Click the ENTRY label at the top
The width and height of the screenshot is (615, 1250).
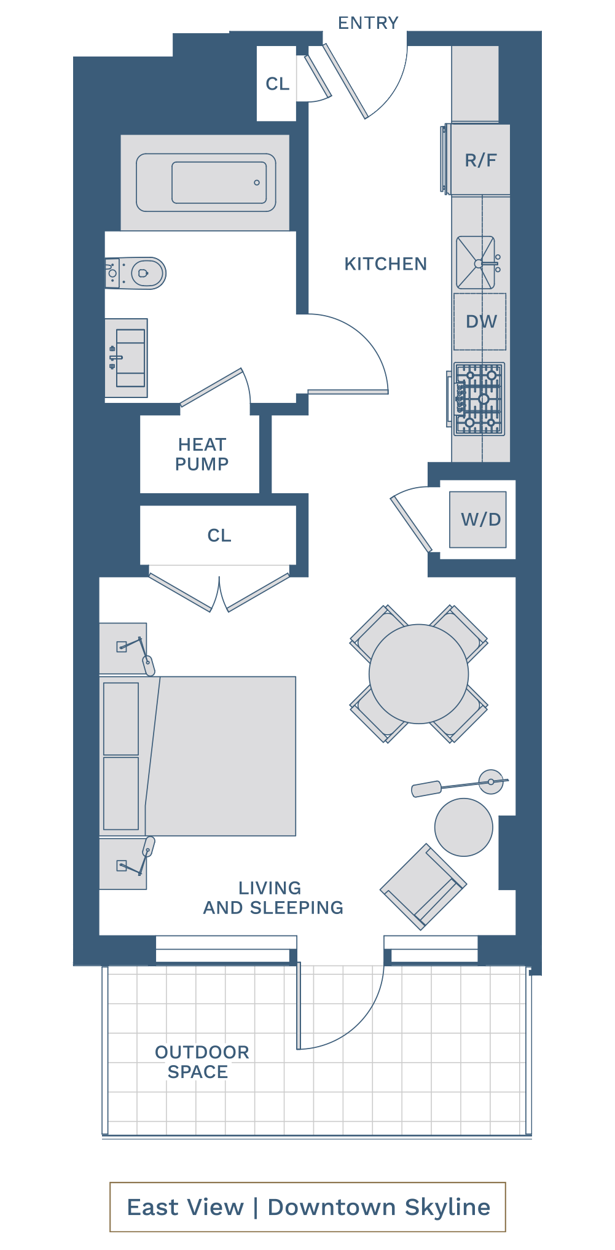[x=368, y=23]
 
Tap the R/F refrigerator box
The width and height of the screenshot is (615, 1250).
[x=480, y=160]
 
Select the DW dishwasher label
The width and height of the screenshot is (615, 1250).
[x=481, y=321]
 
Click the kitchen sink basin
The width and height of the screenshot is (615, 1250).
[x=476, y=263]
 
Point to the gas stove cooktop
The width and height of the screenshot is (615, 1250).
[x=479, y=399]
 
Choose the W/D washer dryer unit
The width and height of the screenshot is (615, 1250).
[x=478, y=520]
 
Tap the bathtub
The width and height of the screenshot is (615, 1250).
[x=206, y=182]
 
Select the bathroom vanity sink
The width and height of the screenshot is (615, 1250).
[x=127, y=357]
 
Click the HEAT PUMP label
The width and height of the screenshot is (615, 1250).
[x=202, y=455]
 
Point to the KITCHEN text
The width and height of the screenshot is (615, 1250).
[x=385, y=264]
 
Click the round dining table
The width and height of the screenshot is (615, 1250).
[x=419, y=674]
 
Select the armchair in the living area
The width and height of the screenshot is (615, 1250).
[x=423, y=886]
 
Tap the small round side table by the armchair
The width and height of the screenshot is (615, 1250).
[x=464, y=827]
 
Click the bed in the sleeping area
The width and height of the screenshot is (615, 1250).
[x=198, y=756]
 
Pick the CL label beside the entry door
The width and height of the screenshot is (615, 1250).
[x=277, y=84]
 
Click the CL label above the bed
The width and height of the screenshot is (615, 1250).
[x=219, y=536]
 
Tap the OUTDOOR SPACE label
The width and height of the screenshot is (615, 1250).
[x=202, y=1062]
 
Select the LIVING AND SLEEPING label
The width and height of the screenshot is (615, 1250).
[x=273, y=898]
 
